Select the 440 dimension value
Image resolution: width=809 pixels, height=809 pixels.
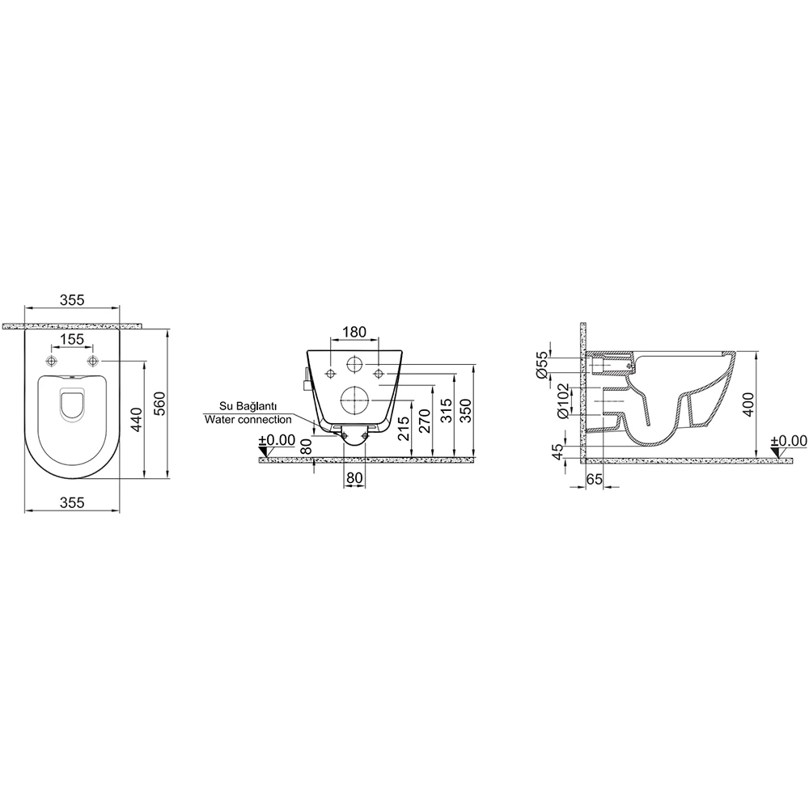[136, 420]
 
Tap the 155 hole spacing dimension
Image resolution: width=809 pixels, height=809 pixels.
[72, 339]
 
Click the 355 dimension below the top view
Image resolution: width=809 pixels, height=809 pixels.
[72, 502]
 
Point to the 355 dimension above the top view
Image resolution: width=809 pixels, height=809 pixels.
[72, 300]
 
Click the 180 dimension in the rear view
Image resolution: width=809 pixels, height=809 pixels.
[354, 332]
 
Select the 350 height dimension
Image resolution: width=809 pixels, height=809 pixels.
[465, 411]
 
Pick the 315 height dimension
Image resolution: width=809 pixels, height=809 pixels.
[446, 411]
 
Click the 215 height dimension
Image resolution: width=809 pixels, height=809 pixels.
[404, 428]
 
